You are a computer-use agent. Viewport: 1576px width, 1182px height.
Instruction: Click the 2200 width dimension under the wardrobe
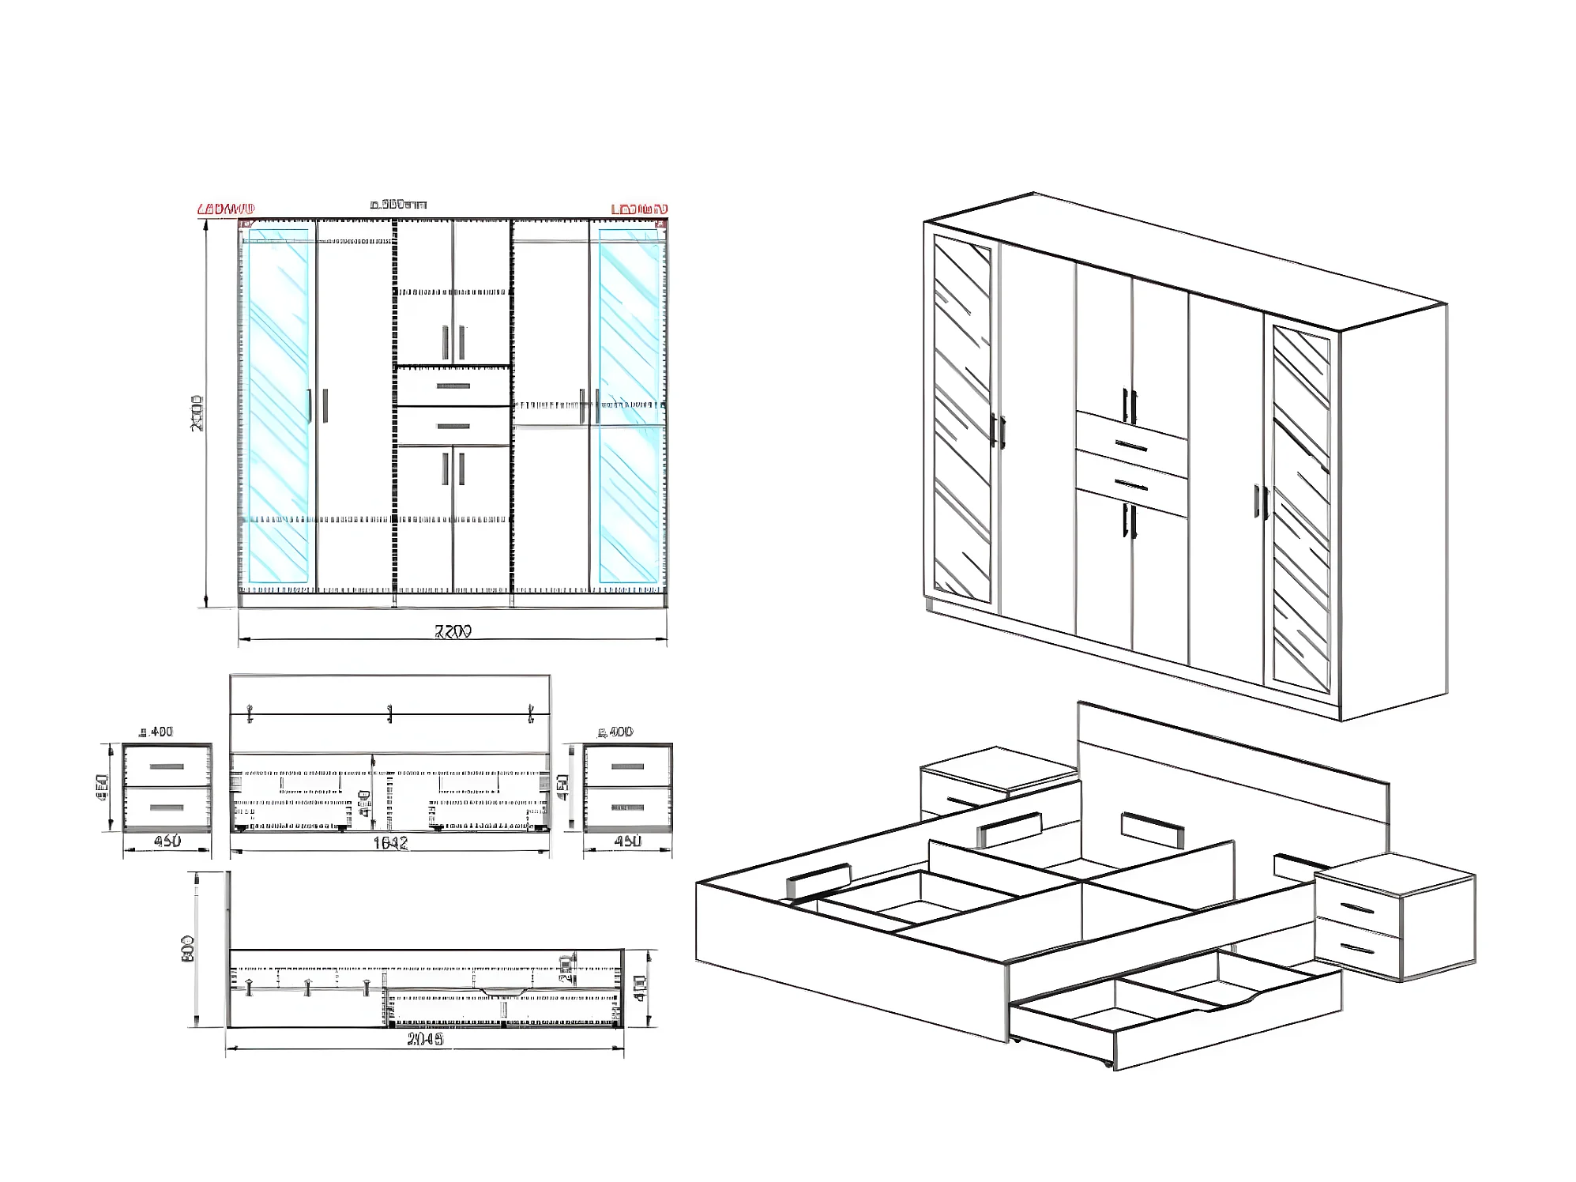453,631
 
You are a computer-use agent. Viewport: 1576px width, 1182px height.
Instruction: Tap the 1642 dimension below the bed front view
390,843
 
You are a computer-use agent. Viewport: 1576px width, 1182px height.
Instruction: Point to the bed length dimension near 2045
425,1039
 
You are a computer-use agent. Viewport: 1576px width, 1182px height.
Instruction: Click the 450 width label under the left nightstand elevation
167,841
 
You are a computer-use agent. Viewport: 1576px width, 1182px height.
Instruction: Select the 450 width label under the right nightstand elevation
628,841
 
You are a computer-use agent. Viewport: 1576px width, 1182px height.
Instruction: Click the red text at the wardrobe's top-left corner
226,209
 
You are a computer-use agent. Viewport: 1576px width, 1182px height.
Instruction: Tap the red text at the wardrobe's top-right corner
639,209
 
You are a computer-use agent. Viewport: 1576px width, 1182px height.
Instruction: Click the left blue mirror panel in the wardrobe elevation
278,407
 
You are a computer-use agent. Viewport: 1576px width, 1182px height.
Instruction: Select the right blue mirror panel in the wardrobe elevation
629,407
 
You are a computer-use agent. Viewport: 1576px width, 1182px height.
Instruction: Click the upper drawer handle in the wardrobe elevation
453,386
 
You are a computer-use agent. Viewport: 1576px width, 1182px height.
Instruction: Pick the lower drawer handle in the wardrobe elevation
453,427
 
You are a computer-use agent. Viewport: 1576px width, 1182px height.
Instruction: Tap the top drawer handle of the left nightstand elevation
167,766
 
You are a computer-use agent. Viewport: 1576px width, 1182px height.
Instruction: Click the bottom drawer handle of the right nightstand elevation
628,808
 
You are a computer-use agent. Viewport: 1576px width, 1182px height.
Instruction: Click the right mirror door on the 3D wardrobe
1301,510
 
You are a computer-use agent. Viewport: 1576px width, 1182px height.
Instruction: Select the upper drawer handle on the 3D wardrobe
1132,446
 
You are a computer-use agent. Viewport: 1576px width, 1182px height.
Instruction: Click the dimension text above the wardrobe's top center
399,205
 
